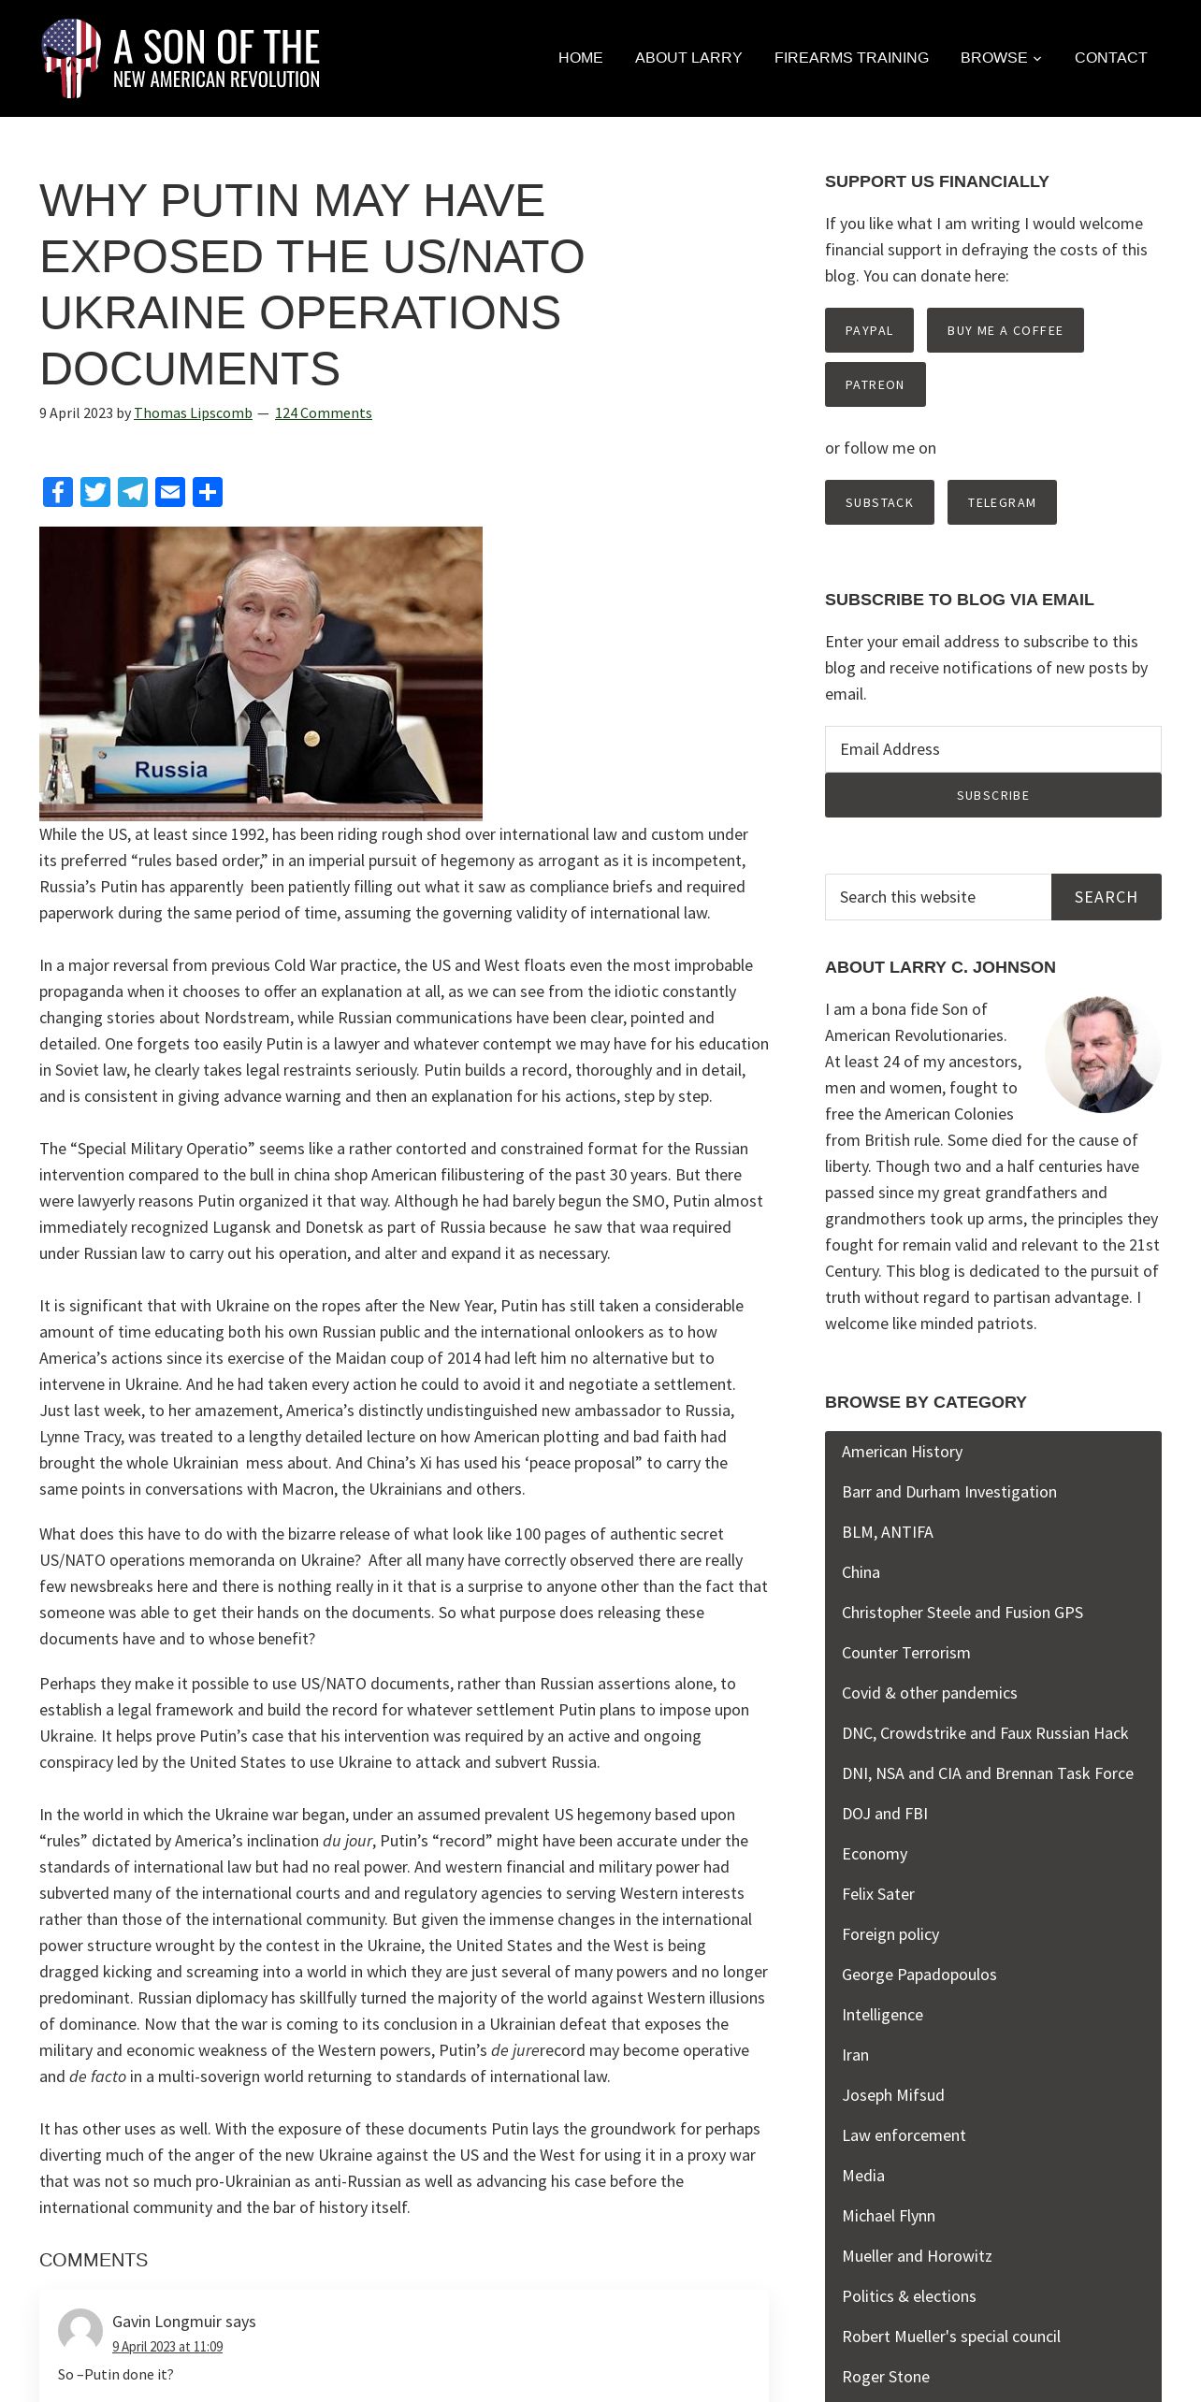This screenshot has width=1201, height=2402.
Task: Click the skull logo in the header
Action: pyautogui.click(x=71, y=58)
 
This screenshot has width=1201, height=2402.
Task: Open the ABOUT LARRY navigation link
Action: pyautogui.click(x=688, y=58)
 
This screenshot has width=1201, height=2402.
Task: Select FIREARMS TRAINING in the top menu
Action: pyautogui.click(x=851, y=58)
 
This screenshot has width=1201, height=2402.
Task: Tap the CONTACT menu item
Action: pyautogui.click(x=1110, y=58)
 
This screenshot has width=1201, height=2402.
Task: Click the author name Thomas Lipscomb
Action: pyautogui.click(x=193, y=413)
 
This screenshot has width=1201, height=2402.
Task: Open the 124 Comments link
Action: pyautogui.click(x=323, y=413)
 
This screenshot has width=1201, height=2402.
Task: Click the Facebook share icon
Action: pyautogui.click(x=58, y=492)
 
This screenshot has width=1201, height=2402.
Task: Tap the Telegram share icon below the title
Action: pyautogui.click(x=133, y=492)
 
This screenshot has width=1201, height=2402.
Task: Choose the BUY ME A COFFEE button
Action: pyautogui.click(x=1005, y=330)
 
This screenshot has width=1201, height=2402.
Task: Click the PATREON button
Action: pyautogui.click(x=875, y=384)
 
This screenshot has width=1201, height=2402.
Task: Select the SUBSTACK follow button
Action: pyautogui.click(x=879, y=502)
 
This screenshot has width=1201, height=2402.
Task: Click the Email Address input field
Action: pyautogui.click(x=992, y=749)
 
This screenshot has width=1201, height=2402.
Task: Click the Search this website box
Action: pyautogui.click(x=937, y=897)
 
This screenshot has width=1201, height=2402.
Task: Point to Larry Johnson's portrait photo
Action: pyautogui.click(x=1103, y=1054)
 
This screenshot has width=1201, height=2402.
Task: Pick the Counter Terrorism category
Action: pyautogui.click(x=905, y=1653)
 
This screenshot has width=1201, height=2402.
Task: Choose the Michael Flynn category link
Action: pyautogui.click(x=888, y=2216)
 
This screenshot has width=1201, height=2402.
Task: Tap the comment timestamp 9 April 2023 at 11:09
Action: pyautogui.click(x=167, y=2346)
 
